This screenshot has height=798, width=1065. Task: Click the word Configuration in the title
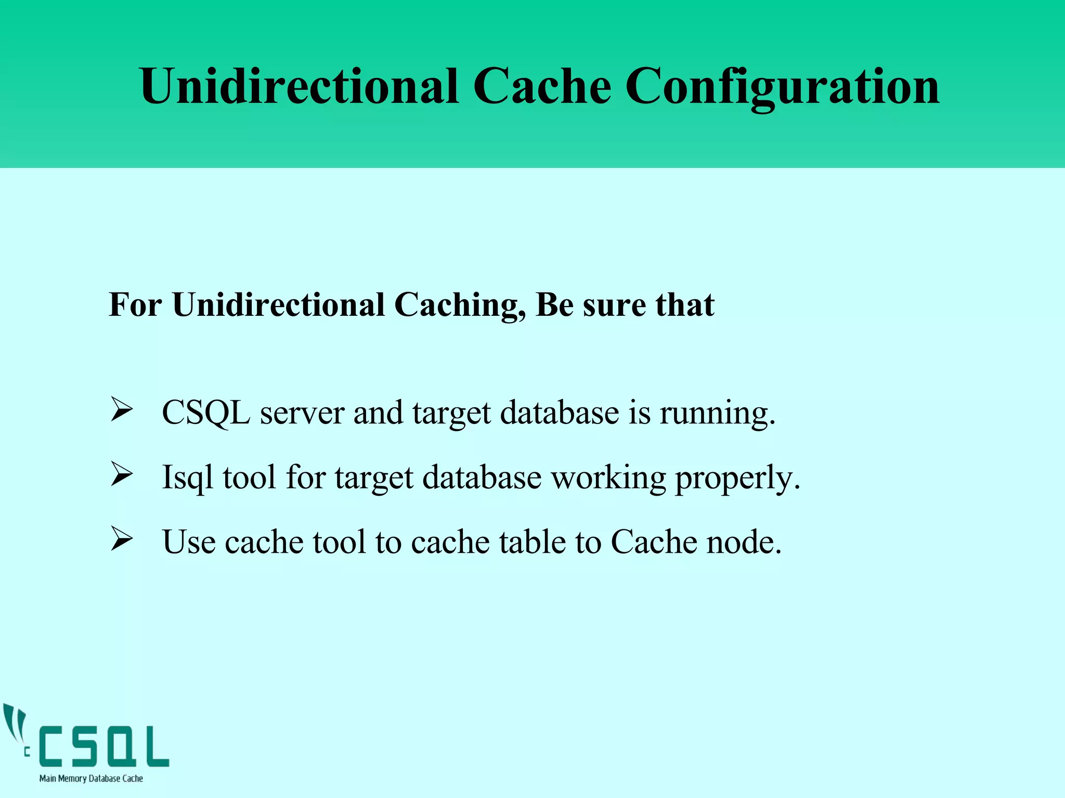(x=782, y=86)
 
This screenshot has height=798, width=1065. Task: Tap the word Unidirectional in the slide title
(x=299, y=86)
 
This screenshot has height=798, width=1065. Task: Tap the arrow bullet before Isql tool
(x=122, y=475)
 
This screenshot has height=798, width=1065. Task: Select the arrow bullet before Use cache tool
(x=122, y=540)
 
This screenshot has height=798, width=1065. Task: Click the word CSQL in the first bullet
(x=206, y=414)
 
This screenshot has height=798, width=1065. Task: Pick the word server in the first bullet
(x=302, y=414)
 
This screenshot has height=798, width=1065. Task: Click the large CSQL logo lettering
(x=104, y=747)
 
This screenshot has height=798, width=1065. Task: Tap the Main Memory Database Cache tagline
(x=91, y=779)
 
